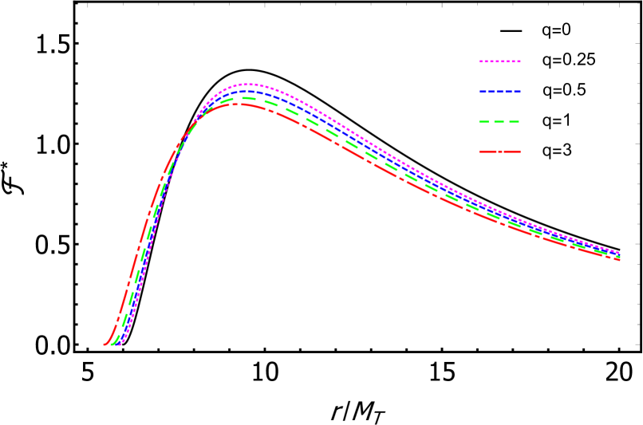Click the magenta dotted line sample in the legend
click(x=499, y=61)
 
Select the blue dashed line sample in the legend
click(x=500, y=92)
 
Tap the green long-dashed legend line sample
click(x=499, y=122)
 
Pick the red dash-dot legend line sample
click(x=499, y=152)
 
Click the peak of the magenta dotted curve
click(x=247, y=84)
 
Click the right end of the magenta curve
click(x=619, y=253)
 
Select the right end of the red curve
click(x=619, y=260)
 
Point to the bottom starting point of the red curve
click(x=105, y=344)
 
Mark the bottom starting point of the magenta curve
click(x=121, y=344)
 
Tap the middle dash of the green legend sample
click(x=499, y=122)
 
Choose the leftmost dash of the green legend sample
click(x=483, y=122)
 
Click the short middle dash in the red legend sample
click(x=500, y=152)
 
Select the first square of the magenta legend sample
click(x=481, y=61)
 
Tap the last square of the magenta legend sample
click(x=519, y=61)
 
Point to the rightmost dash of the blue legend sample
click(x=516, y=92)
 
